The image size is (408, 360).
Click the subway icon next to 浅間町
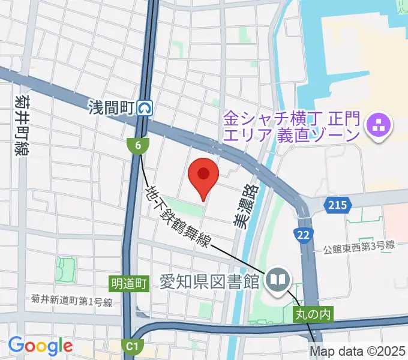pos(145,108)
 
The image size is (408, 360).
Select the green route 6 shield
pos(137,145)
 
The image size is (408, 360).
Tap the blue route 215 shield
pos(337,206)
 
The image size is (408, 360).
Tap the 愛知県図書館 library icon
pos(278,280)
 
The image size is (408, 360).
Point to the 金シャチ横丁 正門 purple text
pos(291,125)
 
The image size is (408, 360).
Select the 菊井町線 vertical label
pos(23,124)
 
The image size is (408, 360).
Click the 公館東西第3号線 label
pos(358,245)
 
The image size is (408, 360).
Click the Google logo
pos(40,346)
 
